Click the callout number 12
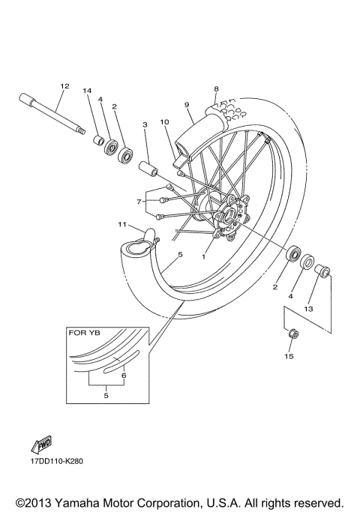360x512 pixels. (64, 86)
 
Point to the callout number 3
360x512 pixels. (145, 124)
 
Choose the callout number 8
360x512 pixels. (216, 89)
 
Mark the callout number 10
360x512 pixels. (163, 121)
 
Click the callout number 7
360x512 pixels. (139, 202)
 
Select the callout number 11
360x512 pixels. (121, 223)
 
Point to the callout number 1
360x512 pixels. (202, 256)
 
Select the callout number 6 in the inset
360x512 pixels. (124, 375)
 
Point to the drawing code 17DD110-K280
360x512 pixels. (57, 461)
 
